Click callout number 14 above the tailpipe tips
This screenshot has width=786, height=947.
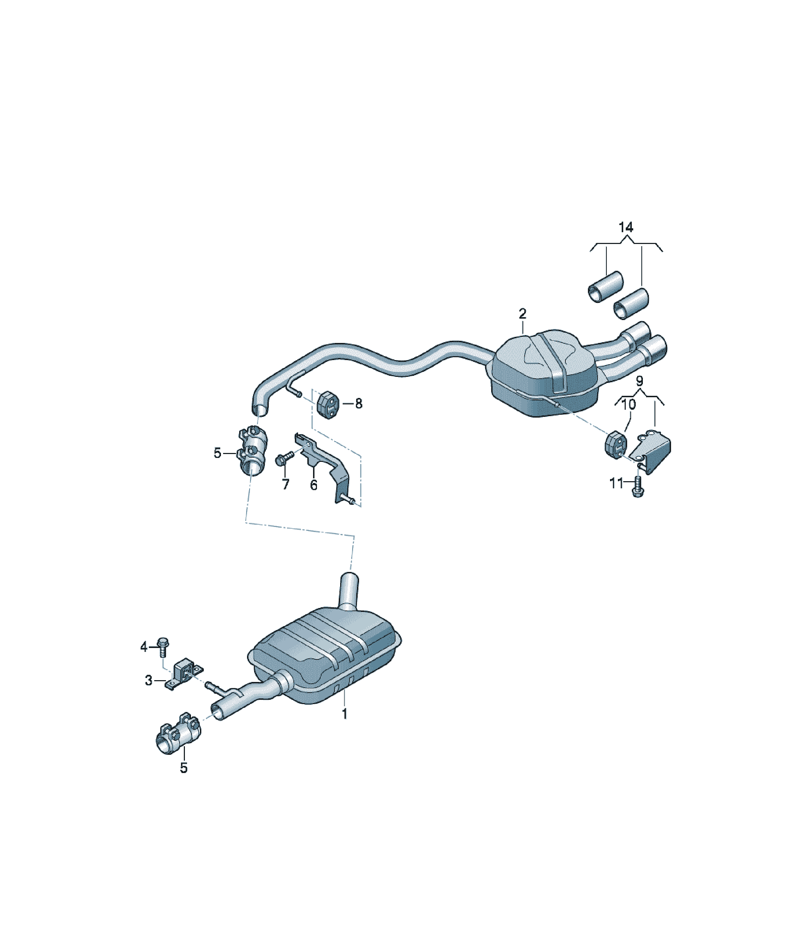point(626,228)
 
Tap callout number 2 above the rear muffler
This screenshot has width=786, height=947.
point(522,314)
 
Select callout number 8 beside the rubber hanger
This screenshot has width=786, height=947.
point(359,404)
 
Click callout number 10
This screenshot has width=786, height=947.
point(629,404)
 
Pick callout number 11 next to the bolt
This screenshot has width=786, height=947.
point(616,483)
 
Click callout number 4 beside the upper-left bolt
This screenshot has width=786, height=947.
point(144,648)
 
